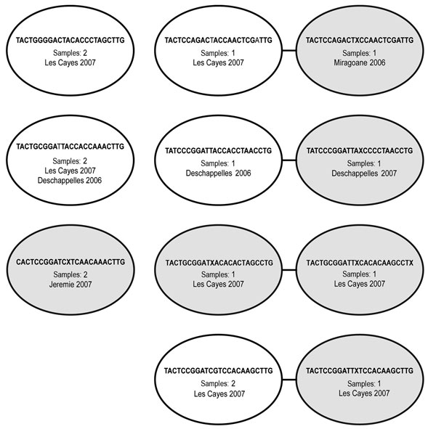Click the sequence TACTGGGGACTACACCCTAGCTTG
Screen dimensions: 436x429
pos(70,41)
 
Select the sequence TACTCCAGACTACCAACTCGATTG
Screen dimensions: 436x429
pos(218,41)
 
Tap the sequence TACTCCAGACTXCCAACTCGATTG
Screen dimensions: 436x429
pos(360,41)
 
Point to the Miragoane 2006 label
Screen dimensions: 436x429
pos(360,62)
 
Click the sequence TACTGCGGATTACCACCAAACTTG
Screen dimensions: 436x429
pos(70,147)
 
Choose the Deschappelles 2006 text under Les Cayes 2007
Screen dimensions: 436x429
pos(70,181)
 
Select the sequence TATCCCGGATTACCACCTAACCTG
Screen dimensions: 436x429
pos(218,150)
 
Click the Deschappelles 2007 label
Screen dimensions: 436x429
pos(364,173)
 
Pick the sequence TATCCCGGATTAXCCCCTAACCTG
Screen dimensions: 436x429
pos(360,150)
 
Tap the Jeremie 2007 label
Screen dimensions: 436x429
pos(70,285)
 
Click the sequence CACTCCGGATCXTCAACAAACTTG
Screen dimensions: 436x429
pos(70,262)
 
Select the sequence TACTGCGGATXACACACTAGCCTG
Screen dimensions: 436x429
pos(219,263)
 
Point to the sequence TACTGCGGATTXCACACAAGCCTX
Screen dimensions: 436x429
pos(360,263)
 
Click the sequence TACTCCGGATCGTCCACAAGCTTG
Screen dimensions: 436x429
pos(218,371)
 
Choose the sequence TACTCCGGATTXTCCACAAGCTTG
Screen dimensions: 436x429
pos(360,371)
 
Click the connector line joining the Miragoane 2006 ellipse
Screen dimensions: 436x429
pos(289,51)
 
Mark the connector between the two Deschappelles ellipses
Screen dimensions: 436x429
pos(289,160)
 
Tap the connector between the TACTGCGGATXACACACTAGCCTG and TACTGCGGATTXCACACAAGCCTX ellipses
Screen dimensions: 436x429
pos(289,270)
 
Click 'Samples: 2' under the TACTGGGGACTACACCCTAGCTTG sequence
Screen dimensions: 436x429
pos(70,53)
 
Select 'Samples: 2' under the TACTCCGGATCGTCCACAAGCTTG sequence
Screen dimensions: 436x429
pos(218,384)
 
